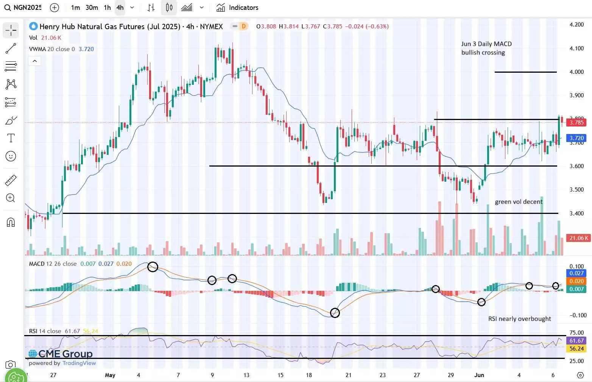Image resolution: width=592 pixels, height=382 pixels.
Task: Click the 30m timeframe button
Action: (92, 8)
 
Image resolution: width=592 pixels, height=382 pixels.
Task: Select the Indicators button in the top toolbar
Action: (237, 8)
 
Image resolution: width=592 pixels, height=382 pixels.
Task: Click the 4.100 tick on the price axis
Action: (576, 48)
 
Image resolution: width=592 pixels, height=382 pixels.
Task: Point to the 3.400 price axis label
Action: (576, 214)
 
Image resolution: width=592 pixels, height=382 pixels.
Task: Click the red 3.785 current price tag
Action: (576, 122)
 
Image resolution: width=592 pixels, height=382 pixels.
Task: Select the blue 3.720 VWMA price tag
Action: (576, 138)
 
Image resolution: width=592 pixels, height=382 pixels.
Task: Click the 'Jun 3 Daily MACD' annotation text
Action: (486, 44)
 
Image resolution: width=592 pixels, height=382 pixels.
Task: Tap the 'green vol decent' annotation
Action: (519, 202)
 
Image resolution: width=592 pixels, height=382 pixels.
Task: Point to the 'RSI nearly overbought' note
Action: (519, 319)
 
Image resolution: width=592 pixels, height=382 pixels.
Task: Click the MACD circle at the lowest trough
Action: (335, 313)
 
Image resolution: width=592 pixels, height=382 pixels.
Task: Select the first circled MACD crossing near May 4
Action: (153, 267)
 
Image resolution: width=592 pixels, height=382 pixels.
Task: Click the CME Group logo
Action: (61, 354)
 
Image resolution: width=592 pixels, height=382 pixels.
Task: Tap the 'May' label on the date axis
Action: (110, 375)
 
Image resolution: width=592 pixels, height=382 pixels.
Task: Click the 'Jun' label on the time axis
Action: (479, 375)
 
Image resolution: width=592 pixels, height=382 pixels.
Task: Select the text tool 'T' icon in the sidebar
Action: (11, 138)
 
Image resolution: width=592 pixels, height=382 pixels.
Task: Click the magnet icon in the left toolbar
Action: (11, 222)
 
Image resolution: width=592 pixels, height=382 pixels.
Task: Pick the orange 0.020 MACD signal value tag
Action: (576, 281)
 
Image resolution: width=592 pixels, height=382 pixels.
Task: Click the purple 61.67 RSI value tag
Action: (576, 341)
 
